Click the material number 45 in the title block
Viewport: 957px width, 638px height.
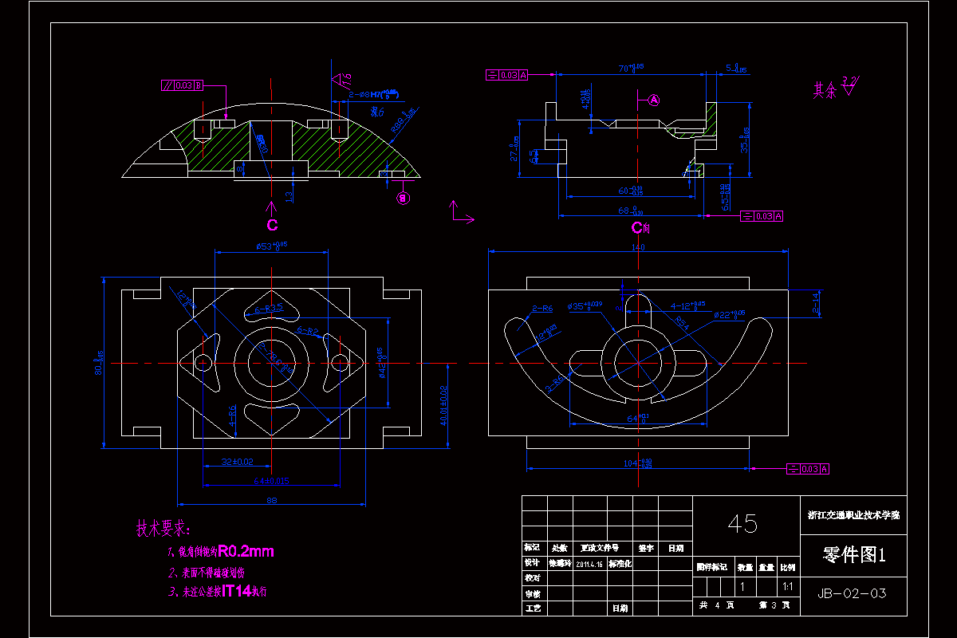click(742, 524)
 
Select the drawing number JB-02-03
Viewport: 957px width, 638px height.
click(852, 593)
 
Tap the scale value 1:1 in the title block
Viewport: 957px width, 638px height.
click(787, 587)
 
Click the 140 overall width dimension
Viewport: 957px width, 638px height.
click(638, 248)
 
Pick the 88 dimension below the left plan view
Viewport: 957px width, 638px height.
click(271, 501)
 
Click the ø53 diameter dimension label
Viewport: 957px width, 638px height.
click(271, 246)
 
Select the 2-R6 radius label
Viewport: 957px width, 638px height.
click(542, 308)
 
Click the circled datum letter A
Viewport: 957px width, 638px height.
click(654, 100)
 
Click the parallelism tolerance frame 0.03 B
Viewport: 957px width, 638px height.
click(182, 85)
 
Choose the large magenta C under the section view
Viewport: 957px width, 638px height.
click(272, 226)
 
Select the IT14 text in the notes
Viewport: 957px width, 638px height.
click(238, 592)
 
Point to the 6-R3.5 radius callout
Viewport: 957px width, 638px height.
click(270, 308)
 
